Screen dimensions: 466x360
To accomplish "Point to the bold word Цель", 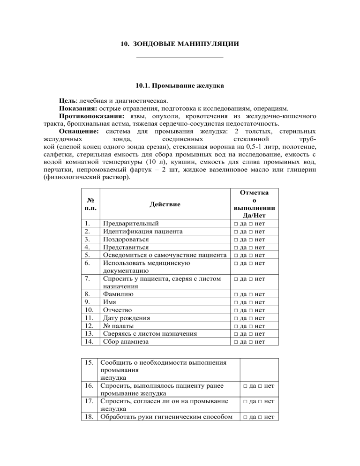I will pos(67,100).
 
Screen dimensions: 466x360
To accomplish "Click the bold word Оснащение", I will pos(78,125).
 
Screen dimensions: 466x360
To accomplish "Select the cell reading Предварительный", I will pos(131,223).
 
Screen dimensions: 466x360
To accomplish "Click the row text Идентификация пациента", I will pos(143,231).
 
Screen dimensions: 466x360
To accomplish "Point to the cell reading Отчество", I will pos(118,310).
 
